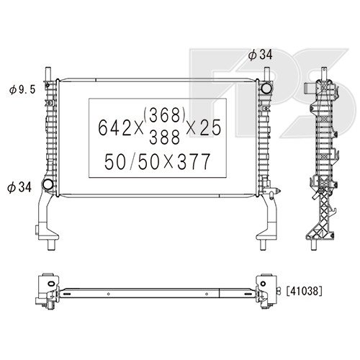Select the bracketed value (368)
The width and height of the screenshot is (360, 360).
coord(164,114)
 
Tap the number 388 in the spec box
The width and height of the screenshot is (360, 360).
coord(164,137)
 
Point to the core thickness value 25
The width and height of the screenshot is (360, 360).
coord(210,127)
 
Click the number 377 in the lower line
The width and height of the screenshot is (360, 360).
coord(194,161)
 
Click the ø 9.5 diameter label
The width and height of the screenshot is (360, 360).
coord(22,90)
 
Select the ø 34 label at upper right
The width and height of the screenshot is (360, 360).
coord(261,55)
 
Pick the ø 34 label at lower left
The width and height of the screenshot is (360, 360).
coord(19,187)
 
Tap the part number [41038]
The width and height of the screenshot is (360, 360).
coord(304,291)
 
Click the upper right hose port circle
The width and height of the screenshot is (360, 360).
coord(266,88)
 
